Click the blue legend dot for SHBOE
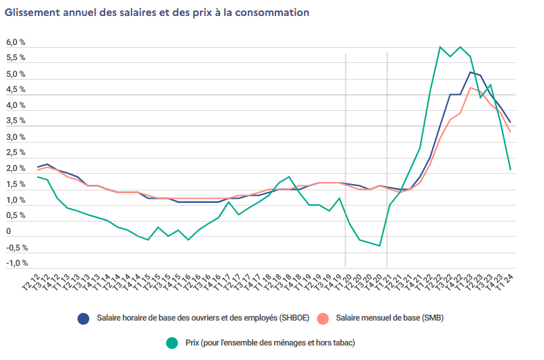(x=84, y=318)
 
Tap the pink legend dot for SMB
(x=322, y=318)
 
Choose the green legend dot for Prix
(x=172, y=342)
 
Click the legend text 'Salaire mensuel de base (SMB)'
(x=390, y=318)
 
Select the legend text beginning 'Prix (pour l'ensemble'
(x=271, y=342)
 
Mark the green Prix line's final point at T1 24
(x=510, y=170)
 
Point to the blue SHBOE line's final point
(x=510, y=123)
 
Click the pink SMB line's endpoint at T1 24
(x=510, y=132)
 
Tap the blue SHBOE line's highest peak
(x=470, y=72)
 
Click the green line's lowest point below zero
(x=380, y=246)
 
